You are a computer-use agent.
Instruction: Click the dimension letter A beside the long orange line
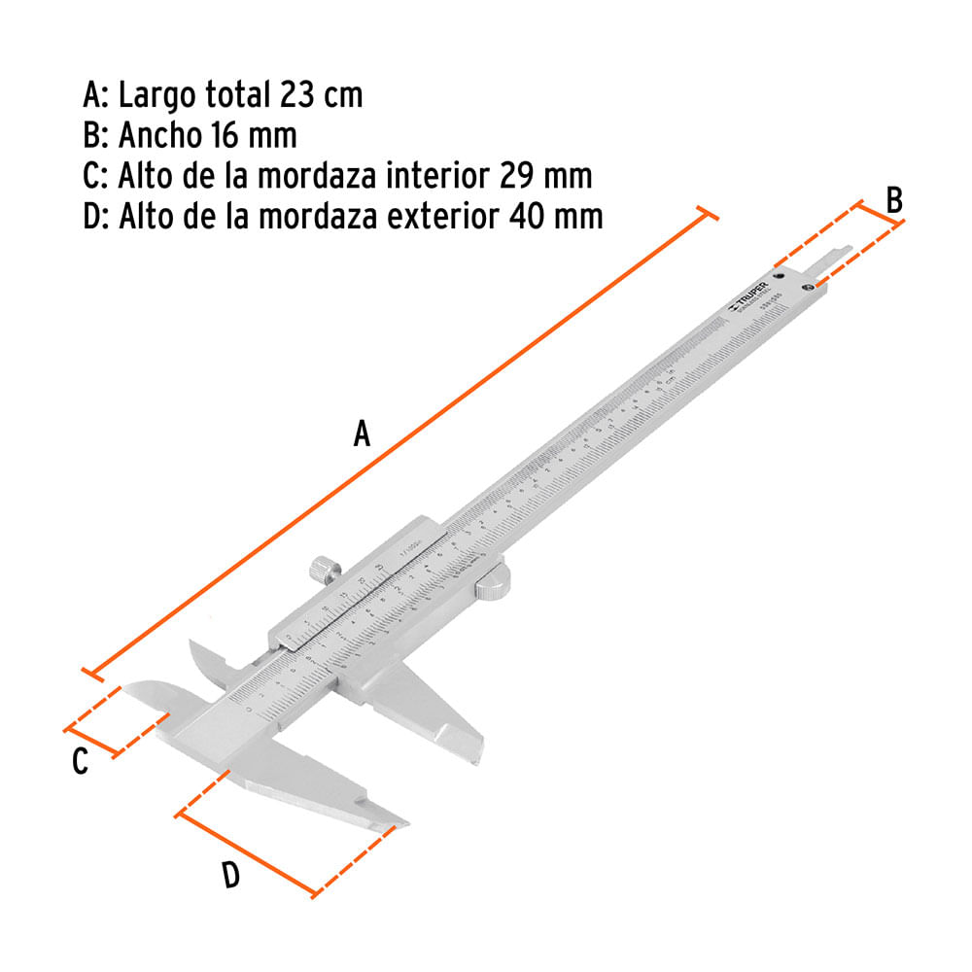362,433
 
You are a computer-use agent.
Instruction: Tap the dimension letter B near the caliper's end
894,200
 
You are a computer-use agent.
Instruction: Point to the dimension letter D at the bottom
230,876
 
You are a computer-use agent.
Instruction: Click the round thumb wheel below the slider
493,583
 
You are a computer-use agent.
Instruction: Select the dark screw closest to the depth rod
806,288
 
